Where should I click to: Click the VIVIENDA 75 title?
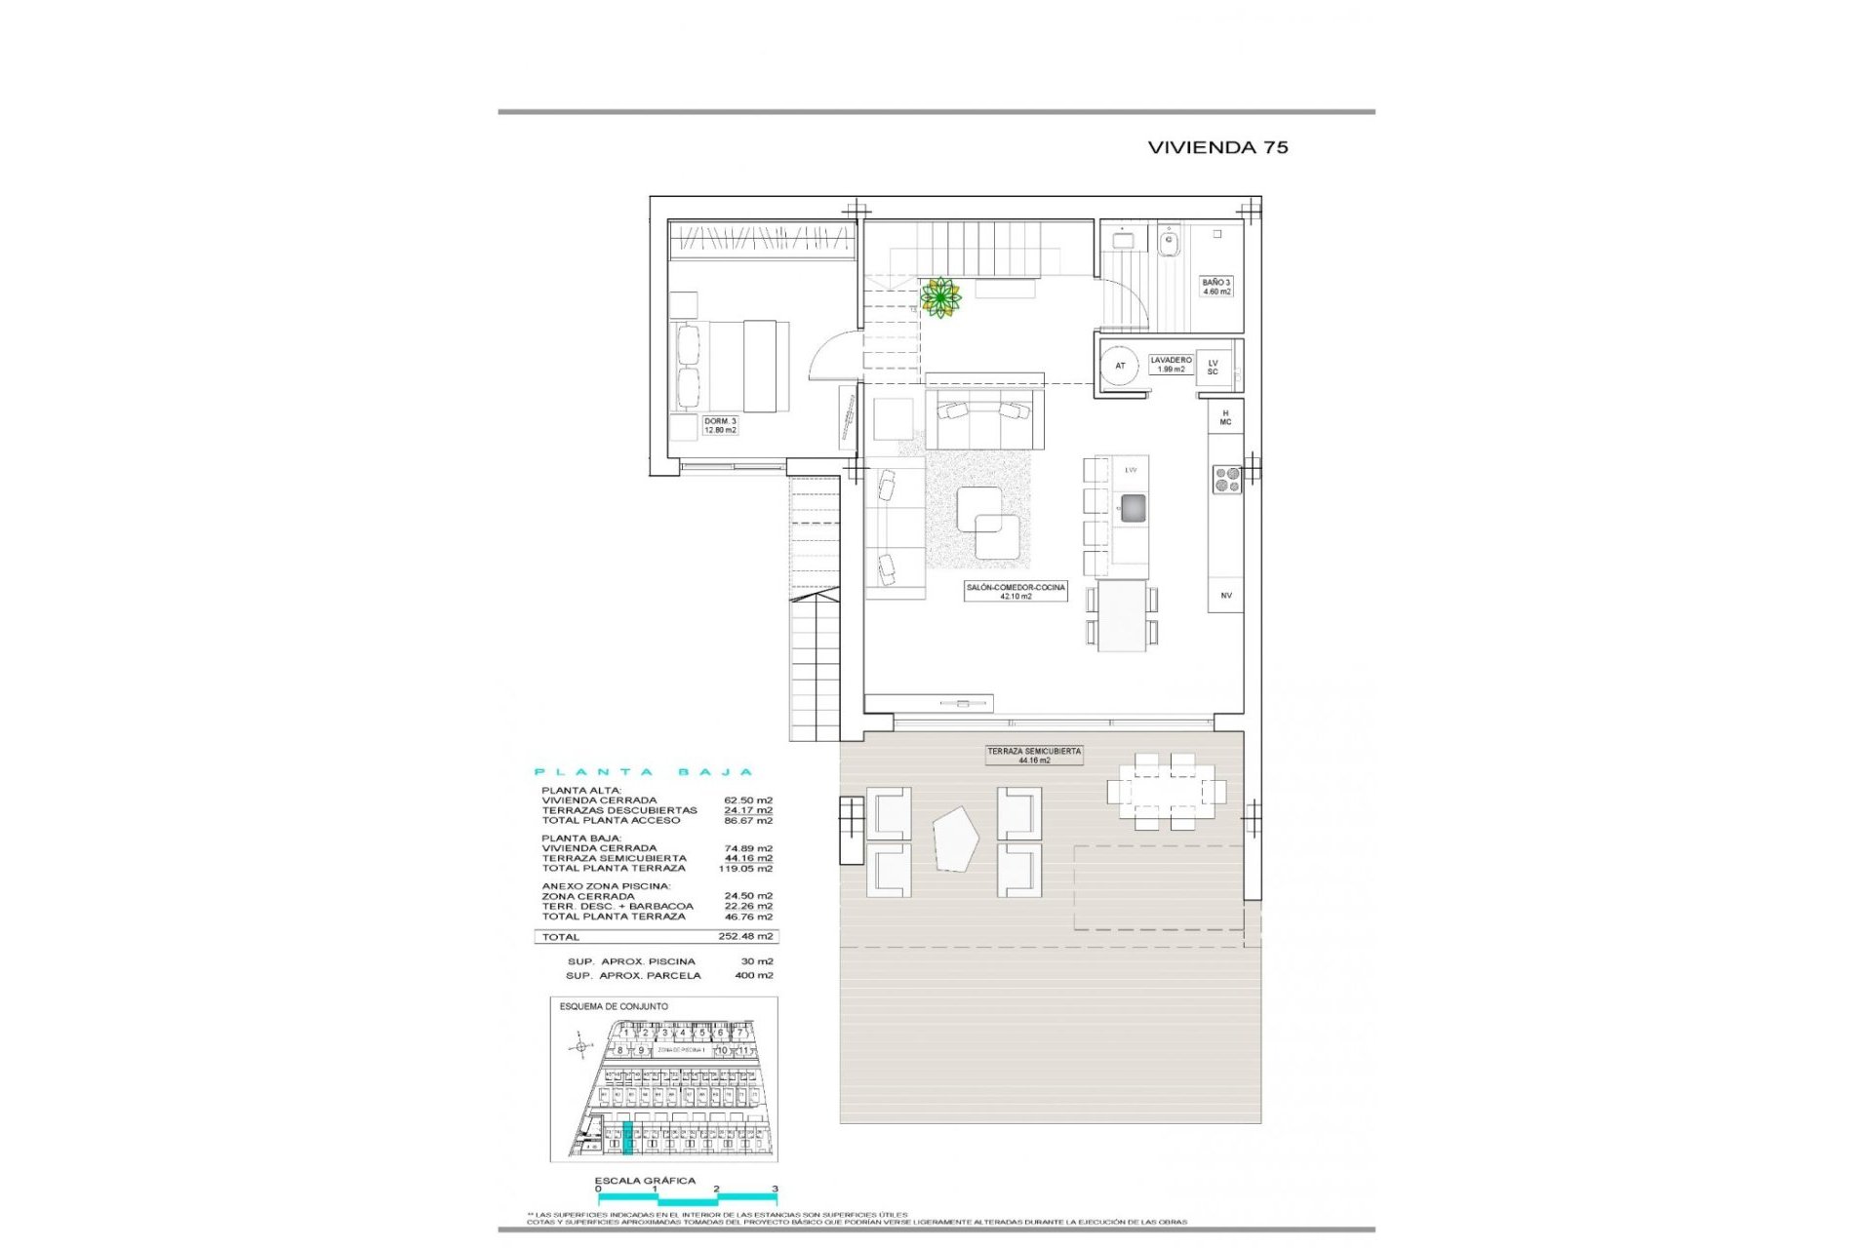click(x=1217, y=147)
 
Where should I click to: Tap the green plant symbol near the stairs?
click(x=940, y=296)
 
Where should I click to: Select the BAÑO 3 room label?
click(x=1215, y=287)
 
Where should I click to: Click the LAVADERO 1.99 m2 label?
click(x=1170, y=365)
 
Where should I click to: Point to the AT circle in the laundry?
click(x=1121, y=366)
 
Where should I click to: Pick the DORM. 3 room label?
click(x=720, y=425)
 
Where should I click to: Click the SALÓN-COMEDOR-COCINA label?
click(x=1016, y=592)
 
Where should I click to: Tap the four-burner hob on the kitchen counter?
click(x=1227, y=479)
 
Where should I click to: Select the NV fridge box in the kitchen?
click(x=1226, y=595)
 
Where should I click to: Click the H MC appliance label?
click(x=1225, y=417)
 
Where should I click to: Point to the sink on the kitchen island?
click(x=1133, y=508)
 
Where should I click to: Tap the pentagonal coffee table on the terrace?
click(x=955, y=840)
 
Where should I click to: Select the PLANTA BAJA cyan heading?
click(x=644, y=772)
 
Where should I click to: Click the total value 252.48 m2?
click(x=745, y=937)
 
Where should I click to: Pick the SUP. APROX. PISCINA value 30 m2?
click(x=756, y=961)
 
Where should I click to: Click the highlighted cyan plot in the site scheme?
click(x=627, y=1138)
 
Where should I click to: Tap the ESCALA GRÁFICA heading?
click(x=645, y=1181)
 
